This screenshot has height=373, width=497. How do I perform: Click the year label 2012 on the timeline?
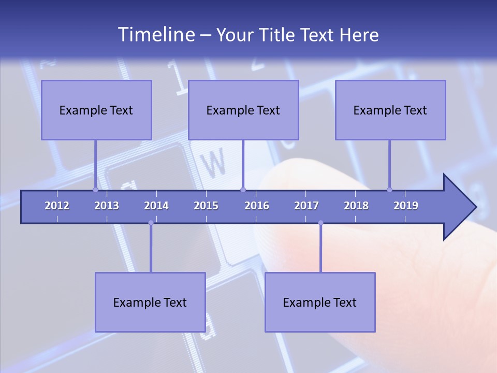(x=57, y=206)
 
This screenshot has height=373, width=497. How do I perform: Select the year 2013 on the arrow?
(x=107, y=206)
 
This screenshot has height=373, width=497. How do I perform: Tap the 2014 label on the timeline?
(x=156, y=206)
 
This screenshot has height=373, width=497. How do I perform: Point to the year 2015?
(x=206, y=206)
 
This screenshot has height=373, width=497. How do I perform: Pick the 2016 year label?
(x=257, y=206)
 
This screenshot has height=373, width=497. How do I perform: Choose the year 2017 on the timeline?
(x=306, y=206)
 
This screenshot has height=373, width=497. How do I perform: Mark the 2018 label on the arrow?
(x=356, y=206)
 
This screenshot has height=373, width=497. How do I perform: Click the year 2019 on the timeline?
(x=406, y=206)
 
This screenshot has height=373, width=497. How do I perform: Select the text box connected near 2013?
(x=96, y=110)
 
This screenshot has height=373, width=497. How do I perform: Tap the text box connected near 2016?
(x=243, y=110)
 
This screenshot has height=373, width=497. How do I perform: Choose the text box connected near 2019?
(x=390, y=110)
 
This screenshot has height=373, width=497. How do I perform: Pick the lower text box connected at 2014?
(x=150, y=302)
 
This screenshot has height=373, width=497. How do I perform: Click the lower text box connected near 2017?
(x=320, y=302)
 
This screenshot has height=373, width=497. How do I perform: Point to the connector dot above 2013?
(x=95, y=190)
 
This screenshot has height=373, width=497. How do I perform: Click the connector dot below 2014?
(x=151, y=223)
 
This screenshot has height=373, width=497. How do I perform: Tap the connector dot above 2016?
(x=243, y=190)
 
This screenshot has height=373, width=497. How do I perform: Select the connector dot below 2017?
(x=320, y=223)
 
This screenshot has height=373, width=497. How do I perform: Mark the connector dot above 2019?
(x=389, y=190)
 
